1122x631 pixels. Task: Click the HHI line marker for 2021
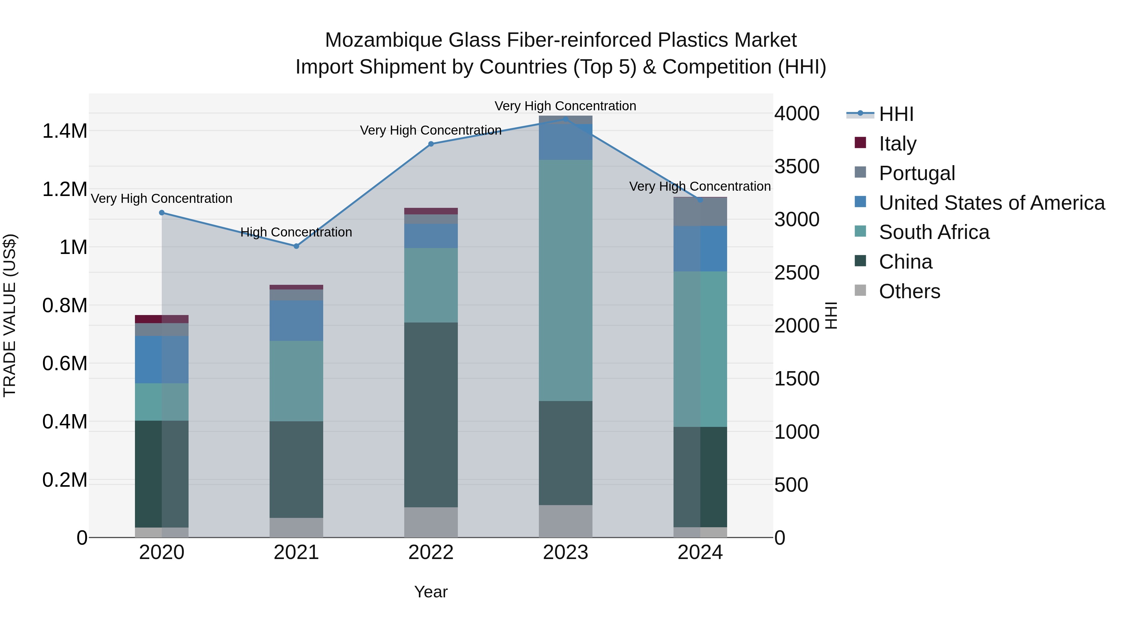pyautogui.click(x=296, y=246)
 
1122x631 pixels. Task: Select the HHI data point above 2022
pyautogui.click(x=431, y=144)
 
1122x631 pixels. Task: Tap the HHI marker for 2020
pyautogui.click(x=161, y=213)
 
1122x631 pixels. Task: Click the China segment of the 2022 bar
pyautogui.click(x=431, y=414)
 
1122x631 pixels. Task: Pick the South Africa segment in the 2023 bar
pyautogui.click(x=565, y=280)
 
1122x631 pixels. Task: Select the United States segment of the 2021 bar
pyautogui.click(x=296, y=321)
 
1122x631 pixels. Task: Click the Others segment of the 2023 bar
pyautogui.click(x=565, y=521)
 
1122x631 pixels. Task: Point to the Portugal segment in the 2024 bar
pyautogui.click(x=700, y=212)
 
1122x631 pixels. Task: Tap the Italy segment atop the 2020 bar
pyautogui.click(x=161, y=319)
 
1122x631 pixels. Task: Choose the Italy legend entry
pyautogui.click(x=897, y=143)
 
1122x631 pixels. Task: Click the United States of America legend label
pyautogui.click(x=992, y=203)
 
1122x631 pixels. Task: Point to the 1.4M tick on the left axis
pyautogui.click(x=65, y=131)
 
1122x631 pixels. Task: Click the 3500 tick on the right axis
pyautogui.click(x=797, y=166)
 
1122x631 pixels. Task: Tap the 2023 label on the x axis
pyautogui.click(x=565, y=552)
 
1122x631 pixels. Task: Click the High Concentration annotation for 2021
pyautogui.click(x=296, y=232)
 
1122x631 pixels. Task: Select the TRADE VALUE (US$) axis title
pyautogui.click(x=10, y=315)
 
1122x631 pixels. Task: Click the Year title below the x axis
pyautogui.click(x=431, y=592)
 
